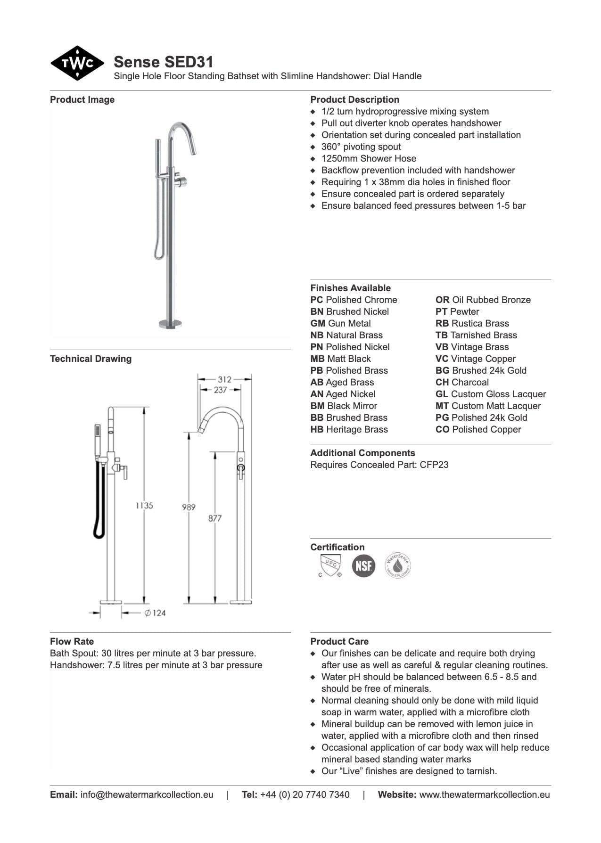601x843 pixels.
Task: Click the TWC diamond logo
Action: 77,63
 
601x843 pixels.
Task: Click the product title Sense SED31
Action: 164,62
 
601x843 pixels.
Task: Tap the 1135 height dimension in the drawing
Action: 144,505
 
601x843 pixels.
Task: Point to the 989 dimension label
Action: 189,507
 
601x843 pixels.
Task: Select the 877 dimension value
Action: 215,518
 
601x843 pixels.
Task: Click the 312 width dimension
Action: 224,379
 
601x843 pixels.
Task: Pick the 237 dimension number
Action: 220,390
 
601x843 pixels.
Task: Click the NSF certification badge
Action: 363,565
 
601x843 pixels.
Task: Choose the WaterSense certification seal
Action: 397,565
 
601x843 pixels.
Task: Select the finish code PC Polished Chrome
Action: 354,300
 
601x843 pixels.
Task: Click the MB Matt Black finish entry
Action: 340,359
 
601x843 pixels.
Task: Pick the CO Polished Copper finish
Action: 478,429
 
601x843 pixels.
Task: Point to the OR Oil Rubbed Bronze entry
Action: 483,300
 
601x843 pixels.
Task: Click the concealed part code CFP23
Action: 434,465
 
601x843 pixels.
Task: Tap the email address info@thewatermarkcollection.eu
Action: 147,794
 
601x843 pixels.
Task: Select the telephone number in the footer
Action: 305,794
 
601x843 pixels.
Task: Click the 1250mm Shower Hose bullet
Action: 369,158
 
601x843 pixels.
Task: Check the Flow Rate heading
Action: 72,641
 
